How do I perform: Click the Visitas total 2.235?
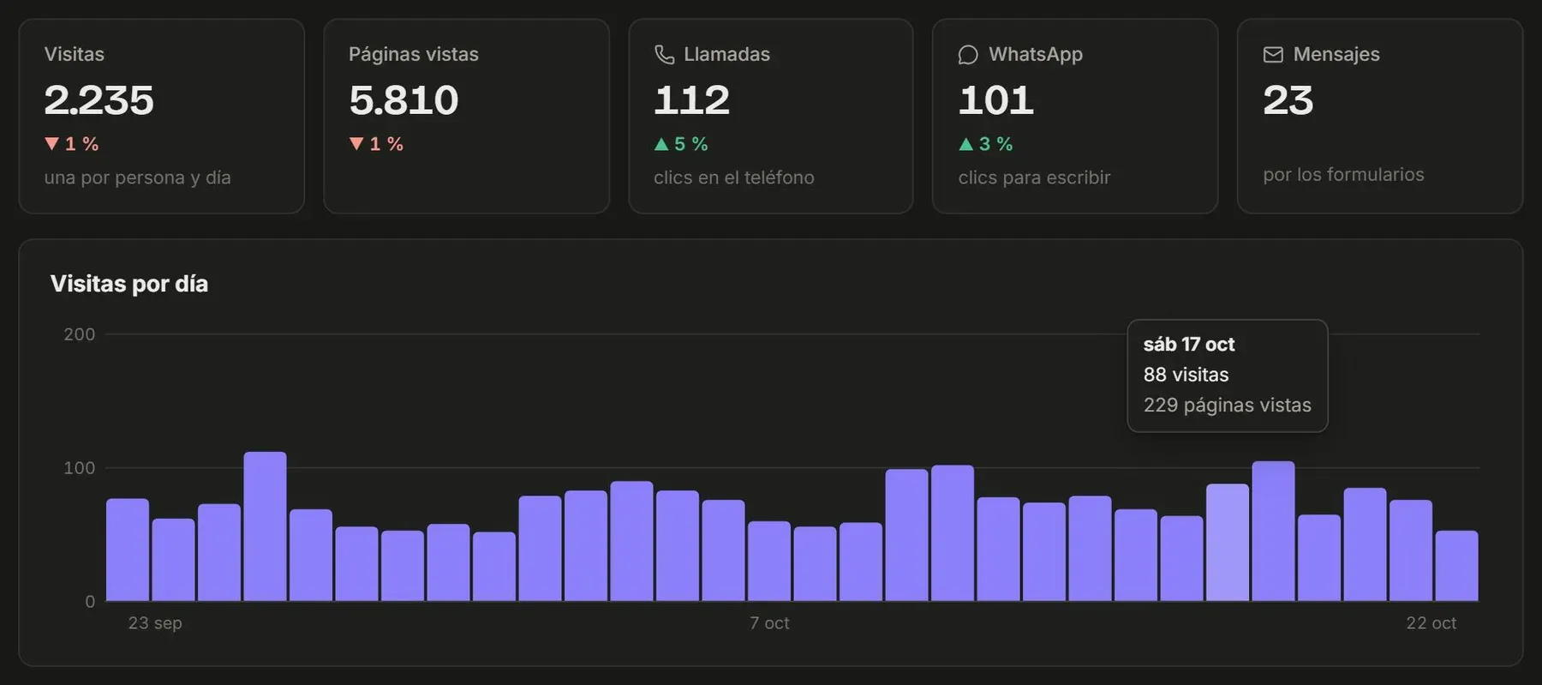tap(99, 100)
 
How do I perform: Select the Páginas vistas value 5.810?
tap(403, 100)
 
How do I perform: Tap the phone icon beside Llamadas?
tap(665, 55)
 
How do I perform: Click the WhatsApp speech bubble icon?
tap(968, 55)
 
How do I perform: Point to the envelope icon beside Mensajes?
tap(1273, 55)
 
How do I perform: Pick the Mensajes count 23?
tap(1288, 100)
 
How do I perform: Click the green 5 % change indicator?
tap(681, 144)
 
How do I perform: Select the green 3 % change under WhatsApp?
tap(985, 144)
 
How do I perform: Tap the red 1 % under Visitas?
tap(71, 144)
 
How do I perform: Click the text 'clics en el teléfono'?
tap(734, 177)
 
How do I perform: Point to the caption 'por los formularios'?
tap(1343, 175)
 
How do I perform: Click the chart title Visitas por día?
tap(129, 284)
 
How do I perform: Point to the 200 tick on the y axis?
tap(79, 334)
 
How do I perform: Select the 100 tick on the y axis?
tap(79, 468)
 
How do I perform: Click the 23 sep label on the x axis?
tap(155, 623)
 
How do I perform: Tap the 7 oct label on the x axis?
tap(769, 623)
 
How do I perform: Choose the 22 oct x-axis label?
tap(1431, 623)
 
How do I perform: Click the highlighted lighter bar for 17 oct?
tap(1228, 543)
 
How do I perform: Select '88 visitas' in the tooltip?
tap(1186, 375)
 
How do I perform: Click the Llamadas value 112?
tap(691, 100)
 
